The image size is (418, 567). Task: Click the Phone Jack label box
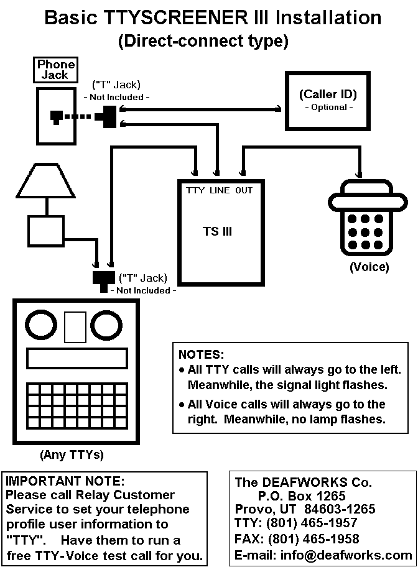(56, 70)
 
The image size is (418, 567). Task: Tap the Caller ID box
(327, 101)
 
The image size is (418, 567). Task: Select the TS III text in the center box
(218, 232)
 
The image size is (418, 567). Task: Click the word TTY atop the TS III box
(195, 190)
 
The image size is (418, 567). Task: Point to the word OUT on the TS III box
(244, 190)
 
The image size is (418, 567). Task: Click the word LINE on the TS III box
(220, 190)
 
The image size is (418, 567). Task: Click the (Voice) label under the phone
(369, 267)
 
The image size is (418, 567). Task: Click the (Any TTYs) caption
(72, 454)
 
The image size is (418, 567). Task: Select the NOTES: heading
(201, 355)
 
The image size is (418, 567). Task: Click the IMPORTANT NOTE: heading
(65, 481)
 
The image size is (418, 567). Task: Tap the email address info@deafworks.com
(358, 555)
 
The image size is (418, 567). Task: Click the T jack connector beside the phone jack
(107, 117)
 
